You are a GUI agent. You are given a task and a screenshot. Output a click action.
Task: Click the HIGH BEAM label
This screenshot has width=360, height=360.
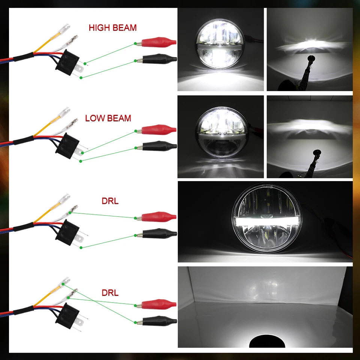(x=112, y=28)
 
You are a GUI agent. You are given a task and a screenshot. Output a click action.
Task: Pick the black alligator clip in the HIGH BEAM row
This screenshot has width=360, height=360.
(x=157, y=59)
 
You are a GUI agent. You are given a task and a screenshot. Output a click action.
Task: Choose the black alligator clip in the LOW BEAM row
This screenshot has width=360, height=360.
(x=157, y=146)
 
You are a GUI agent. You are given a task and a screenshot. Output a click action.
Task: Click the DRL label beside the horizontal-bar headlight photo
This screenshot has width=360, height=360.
(x=110, y=201)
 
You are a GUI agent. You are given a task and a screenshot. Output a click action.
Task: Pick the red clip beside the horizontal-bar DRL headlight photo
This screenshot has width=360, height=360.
(x=157, y=217)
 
